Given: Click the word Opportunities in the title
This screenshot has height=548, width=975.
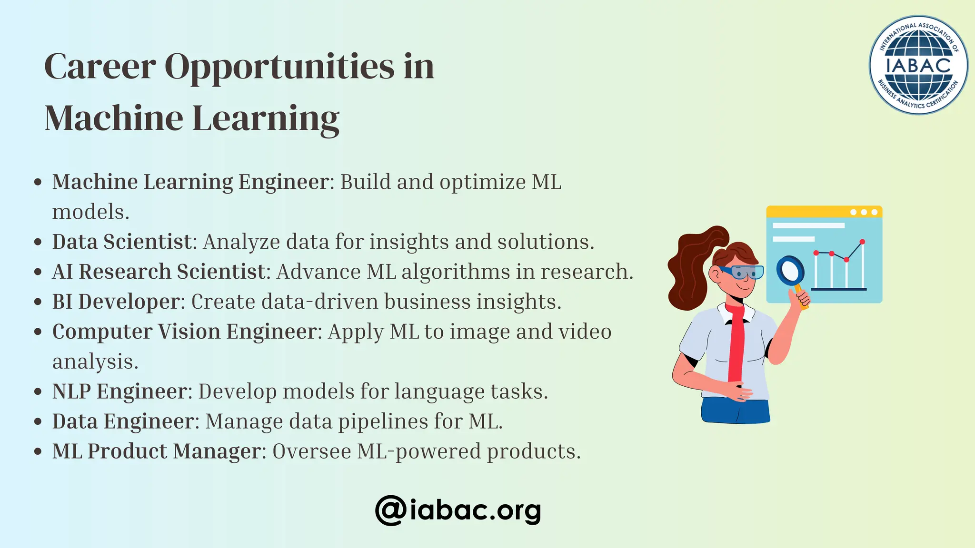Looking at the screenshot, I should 279,67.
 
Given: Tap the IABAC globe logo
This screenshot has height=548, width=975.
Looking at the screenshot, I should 918,65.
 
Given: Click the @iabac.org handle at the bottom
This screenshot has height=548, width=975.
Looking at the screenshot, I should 458,510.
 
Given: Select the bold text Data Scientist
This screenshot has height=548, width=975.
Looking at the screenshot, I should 122,242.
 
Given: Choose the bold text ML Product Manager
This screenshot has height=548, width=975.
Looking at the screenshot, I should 157,451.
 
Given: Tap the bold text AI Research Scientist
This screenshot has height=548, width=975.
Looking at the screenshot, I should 159,272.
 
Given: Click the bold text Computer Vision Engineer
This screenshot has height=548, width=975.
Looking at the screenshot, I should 184,332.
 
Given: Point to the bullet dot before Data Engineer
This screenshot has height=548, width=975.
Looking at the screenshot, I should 39,422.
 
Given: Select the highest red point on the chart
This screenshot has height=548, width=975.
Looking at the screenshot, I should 862,242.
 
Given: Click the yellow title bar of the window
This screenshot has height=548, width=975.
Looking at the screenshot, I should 809,212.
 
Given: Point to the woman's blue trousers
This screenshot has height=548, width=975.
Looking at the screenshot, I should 735,411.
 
